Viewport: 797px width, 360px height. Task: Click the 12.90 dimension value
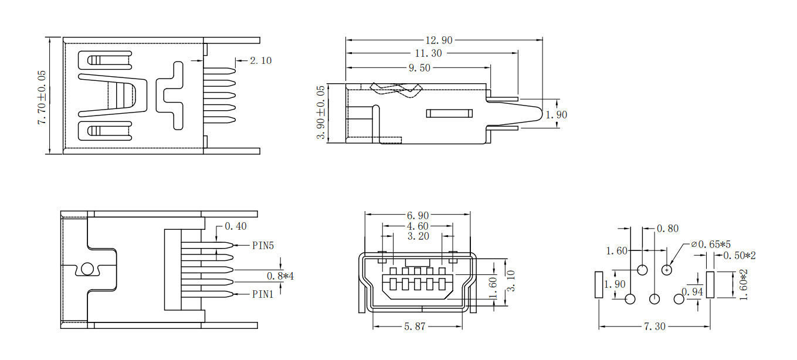(x=439, y=40)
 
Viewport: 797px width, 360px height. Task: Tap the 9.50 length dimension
(x=419, y=68)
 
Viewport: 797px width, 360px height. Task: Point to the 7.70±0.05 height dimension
(x=41, y=97)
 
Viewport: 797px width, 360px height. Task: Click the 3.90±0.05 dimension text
(x=320, y=113)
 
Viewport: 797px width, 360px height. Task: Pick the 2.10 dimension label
(x=260, y=60)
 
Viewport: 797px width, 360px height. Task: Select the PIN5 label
(x=263, y=245)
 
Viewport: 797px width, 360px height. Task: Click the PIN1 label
(x=263, y=294)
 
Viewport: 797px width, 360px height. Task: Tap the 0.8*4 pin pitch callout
(x=280, y=276)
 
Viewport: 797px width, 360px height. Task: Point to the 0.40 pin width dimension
(x=236, y=226)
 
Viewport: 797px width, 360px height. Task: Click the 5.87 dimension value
(x=415, y=327)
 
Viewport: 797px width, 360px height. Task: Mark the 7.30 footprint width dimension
(x=654, y=327)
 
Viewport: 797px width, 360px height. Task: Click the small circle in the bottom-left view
(x=87, y=269)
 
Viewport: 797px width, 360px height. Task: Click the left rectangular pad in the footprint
(x=599, y=285)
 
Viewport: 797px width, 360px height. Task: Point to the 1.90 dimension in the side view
(x=557, y=115)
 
